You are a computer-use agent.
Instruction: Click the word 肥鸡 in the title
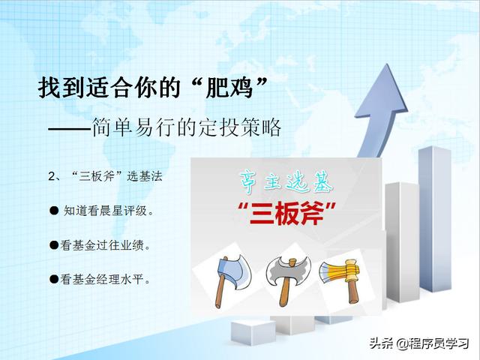click(229, 88)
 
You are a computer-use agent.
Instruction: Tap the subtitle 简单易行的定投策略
click(187, 127)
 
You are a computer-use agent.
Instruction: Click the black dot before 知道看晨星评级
click(54, 210)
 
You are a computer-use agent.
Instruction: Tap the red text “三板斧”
click(286, 213)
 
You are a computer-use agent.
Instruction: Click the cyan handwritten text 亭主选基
click(286, 182)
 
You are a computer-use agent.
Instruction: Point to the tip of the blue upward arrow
click(388, 64)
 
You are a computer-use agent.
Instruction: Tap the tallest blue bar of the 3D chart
click(435, 219)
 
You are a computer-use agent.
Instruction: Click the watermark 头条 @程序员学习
click(419, 343)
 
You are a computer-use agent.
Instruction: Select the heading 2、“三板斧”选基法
click(105, 176)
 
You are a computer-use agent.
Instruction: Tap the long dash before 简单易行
click(70, 128)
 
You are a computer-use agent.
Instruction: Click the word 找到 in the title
click(61, 88)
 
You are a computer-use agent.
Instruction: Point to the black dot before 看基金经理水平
click(54, 278)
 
